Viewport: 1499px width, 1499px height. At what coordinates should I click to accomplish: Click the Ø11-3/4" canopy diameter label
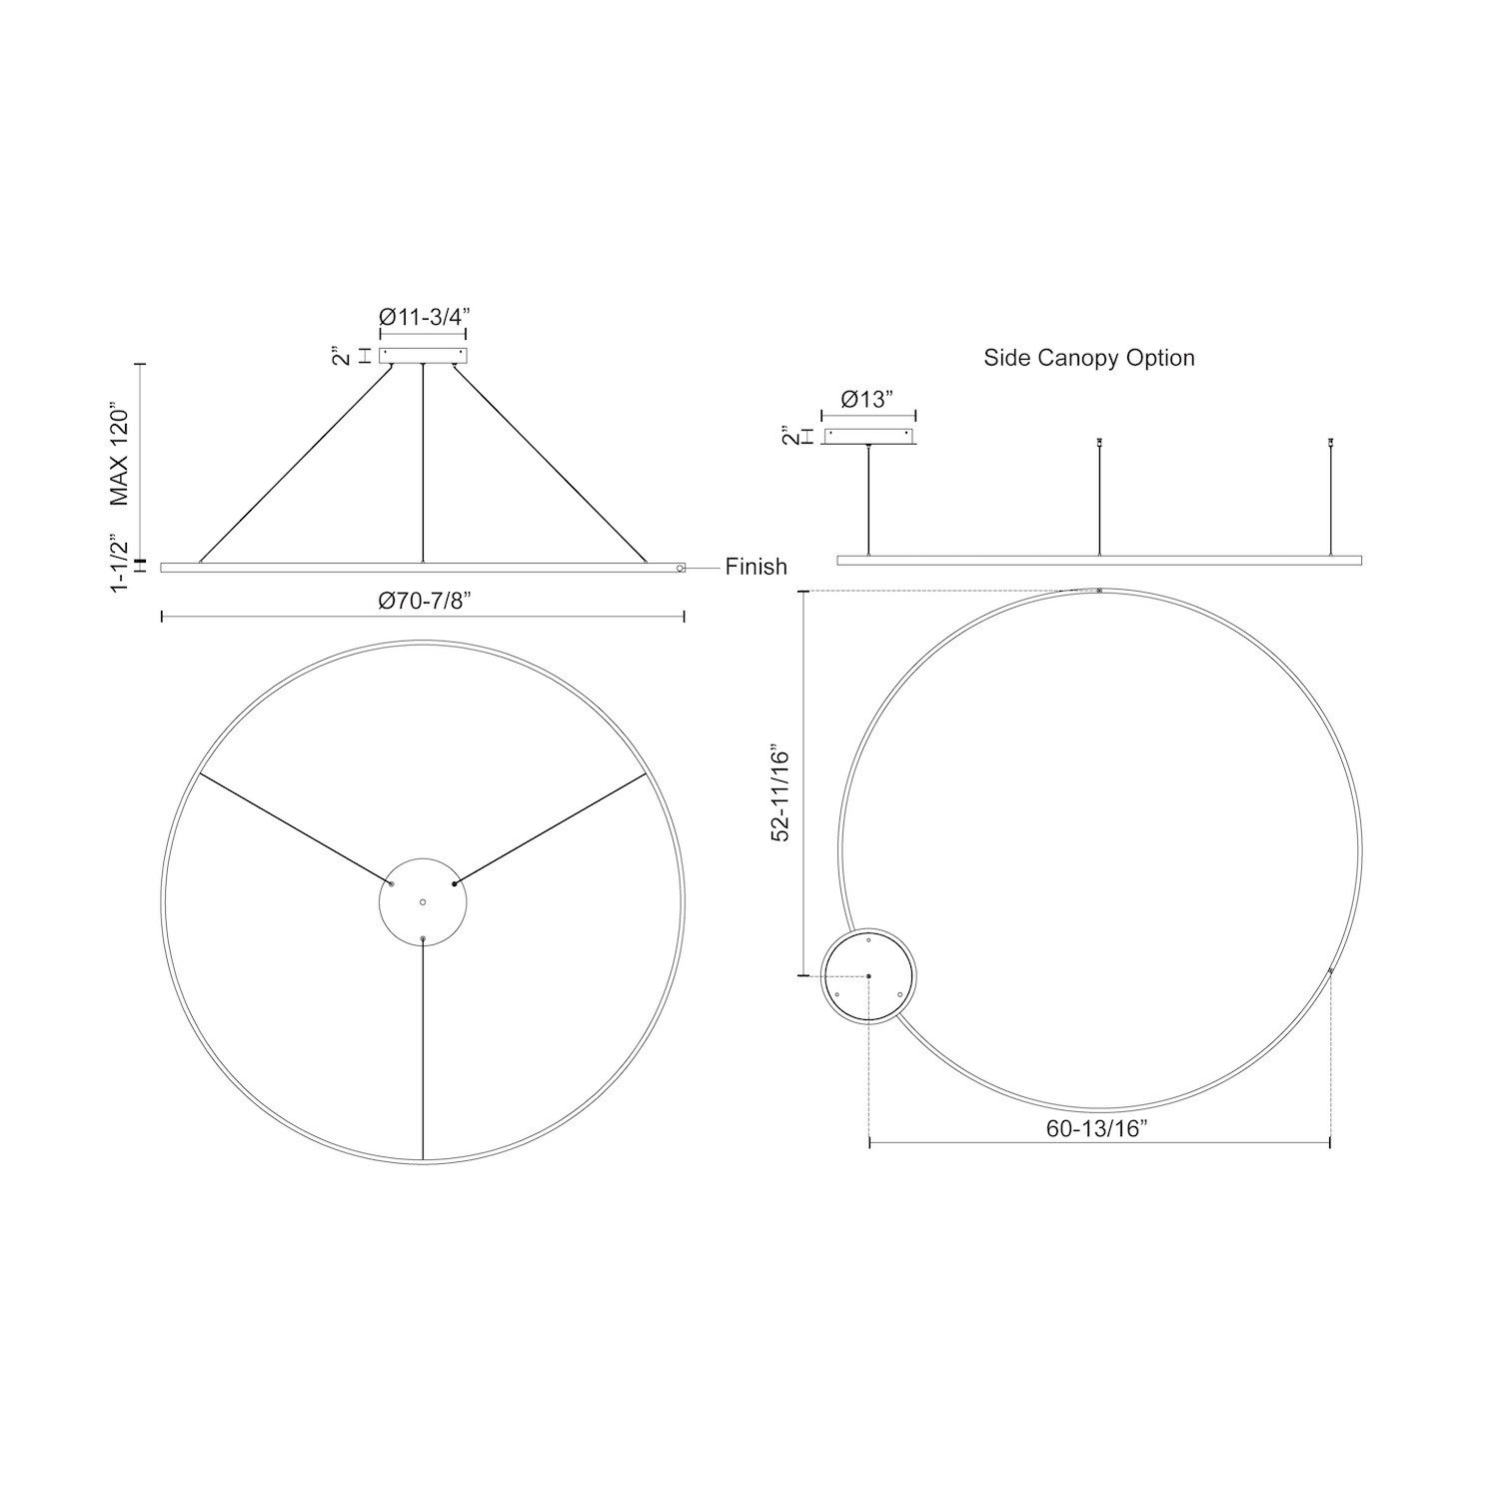[424, 317]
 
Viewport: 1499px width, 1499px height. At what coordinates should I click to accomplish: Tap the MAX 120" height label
[121, 456]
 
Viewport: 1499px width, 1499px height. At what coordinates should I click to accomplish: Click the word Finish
[756, 567]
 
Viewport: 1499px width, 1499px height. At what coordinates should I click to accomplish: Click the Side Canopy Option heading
[1089, 358]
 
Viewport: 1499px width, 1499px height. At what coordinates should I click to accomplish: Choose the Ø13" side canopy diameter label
[865, 400]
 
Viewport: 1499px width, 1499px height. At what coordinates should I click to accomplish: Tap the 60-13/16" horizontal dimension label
[1099, 1128]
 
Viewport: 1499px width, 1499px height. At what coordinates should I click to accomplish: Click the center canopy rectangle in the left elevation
[423, 355]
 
